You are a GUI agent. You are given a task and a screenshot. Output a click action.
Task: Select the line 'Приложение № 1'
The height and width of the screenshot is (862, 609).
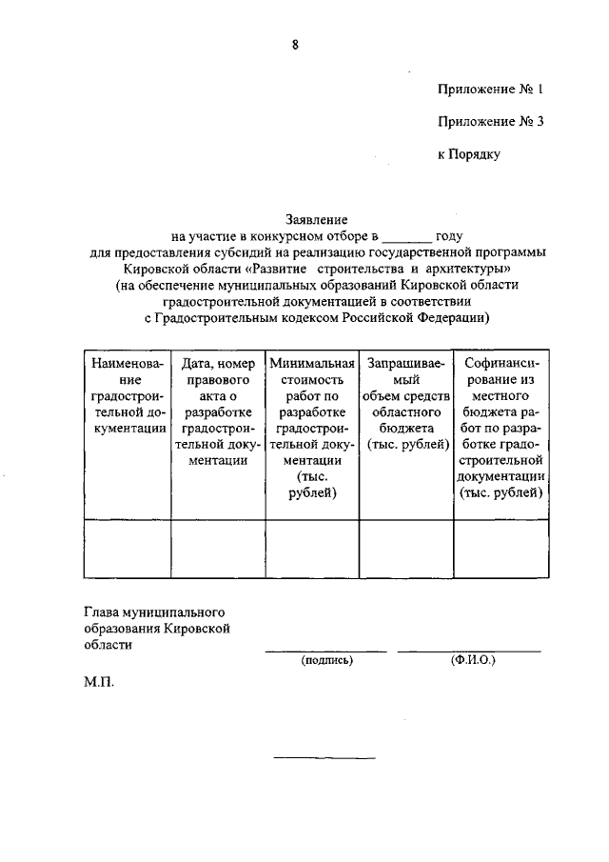490,90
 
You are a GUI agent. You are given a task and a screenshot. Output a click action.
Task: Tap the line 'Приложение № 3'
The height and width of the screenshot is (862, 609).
490,122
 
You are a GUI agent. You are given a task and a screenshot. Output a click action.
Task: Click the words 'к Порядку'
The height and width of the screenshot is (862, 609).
468,153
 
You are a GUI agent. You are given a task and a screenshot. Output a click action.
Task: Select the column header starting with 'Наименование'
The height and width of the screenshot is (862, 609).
127,396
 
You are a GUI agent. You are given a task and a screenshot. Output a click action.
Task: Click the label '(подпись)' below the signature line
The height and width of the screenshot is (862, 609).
326,659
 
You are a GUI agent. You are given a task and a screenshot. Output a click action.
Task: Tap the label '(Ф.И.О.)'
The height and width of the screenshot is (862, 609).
473,659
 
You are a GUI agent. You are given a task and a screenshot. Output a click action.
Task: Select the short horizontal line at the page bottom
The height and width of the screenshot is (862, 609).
324,758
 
